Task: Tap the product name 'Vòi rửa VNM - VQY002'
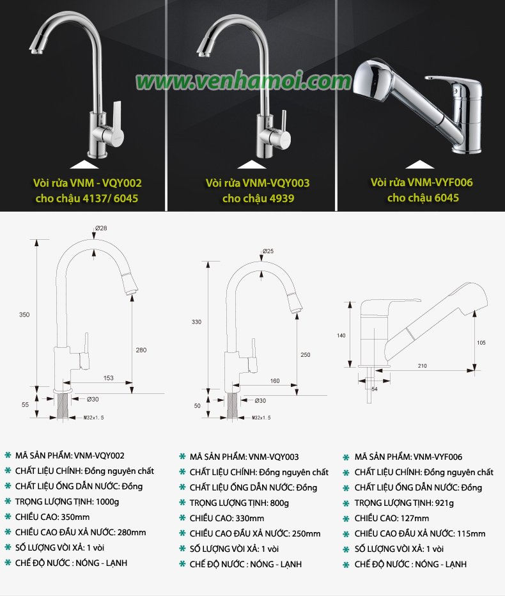point(88,183)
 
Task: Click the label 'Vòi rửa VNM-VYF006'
point(422,182)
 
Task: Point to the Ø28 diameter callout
point(101,228)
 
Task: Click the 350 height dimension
point(24,315)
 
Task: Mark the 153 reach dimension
point(108,378)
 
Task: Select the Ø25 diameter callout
point(268,251)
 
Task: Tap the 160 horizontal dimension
point(275,381)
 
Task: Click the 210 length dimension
point(423,366)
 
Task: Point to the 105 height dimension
point(481,343)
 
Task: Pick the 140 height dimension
point(341,336)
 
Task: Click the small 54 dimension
point(375,389)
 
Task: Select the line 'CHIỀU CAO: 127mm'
point(392,519)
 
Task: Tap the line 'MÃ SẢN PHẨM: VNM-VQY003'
point(244,457)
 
